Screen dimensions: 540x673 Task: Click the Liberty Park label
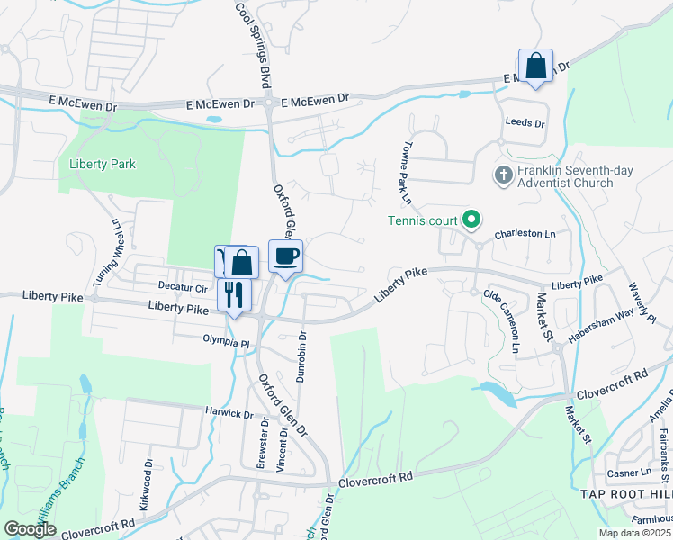[102, 165]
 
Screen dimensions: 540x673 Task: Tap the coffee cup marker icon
[286, 257]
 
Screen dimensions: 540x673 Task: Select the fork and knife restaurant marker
[234, 293]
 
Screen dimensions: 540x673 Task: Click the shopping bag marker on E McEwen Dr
[535, 66]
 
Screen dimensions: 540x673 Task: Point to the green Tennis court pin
[470, 220]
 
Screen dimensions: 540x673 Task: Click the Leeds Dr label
[525, 121]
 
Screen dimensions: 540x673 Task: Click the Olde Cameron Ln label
[503, 321]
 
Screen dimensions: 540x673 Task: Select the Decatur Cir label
[183, 288]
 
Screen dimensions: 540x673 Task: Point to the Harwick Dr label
[229, 414]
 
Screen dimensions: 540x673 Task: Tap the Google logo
[30, 530]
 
